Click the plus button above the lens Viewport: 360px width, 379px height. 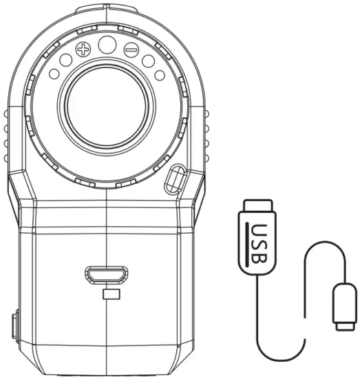[83, 50]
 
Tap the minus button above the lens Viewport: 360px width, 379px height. [131, 50]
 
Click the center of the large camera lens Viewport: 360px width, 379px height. [107, 107]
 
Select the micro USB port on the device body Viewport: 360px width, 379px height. [107, 274]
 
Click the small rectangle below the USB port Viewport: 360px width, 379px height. [112, 294]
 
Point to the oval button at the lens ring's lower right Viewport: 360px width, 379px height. [176, 179]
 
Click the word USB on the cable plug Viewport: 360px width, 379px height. [259, 243]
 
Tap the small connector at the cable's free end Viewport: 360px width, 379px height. [345, 307]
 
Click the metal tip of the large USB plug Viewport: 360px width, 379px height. [258, 206]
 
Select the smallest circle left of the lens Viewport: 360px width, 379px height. [54, 74]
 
